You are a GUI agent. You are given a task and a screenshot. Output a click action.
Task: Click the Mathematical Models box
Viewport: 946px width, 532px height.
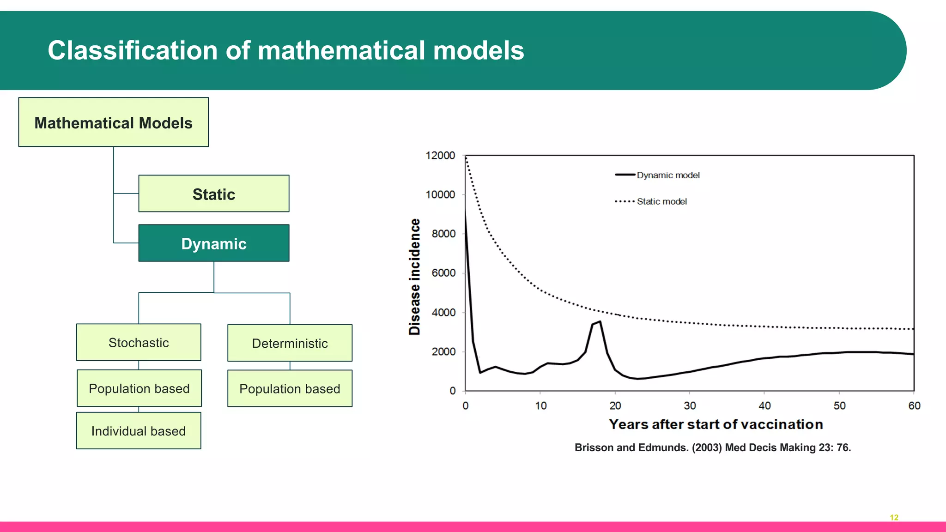point(113,122)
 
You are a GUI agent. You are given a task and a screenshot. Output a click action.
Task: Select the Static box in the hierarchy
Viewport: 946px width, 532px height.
point(213,194)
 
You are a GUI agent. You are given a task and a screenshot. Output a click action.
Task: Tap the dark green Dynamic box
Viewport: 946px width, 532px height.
point(213,243)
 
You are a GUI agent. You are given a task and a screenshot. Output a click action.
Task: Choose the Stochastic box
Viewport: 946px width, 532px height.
point(139,343)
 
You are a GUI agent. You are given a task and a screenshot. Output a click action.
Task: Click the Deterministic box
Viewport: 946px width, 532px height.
point(290,343)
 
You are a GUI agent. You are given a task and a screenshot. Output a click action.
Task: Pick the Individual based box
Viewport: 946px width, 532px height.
point(139,431)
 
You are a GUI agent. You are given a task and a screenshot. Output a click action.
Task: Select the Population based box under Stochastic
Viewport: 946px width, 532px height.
point(139,388)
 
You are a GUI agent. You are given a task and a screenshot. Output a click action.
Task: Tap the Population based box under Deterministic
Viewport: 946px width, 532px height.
point(290,389)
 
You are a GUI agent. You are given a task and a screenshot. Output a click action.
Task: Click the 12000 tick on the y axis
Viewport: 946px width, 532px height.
point(440,156)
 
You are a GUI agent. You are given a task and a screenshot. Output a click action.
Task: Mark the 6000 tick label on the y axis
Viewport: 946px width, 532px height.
point(443,273)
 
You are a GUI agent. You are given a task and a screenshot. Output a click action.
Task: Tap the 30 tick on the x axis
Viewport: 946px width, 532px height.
point(690,405)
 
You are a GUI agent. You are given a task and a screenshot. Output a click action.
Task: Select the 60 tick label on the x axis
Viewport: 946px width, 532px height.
point(914,405)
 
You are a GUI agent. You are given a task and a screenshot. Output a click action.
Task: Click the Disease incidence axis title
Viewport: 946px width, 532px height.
point(415,277)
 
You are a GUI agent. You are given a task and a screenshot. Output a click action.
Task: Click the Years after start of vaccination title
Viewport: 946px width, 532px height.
point(716,424)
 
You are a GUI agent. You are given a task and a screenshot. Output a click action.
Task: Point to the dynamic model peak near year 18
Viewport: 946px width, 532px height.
point(600,322)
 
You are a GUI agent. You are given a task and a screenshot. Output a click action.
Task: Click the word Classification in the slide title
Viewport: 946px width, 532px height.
point(133,50)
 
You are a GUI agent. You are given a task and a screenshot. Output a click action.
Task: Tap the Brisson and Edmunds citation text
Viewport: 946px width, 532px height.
point(712,447)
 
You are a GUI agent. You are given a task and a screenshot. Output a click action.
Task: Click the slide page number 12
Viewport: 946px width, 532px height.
point(894,518)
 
